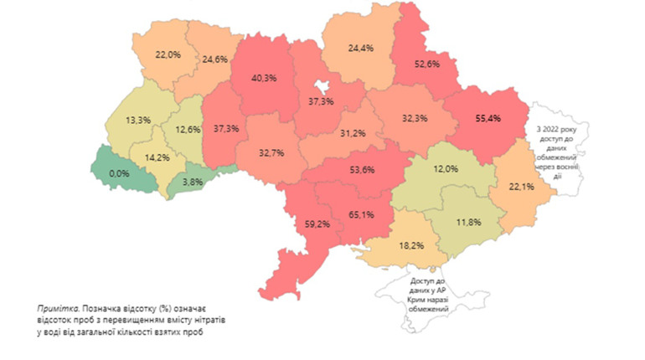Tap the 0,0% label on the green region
[119, 172]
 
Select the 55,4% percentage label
[487, 119]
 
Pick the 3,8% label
[193, 181]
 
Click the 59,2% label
[316, 224]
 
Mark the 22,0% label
[168, 54]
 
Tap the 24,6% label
[215, 59]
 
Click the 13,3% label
[137, 120]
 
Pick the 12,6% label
[188, 129]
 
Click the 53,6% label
[361, 169]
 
